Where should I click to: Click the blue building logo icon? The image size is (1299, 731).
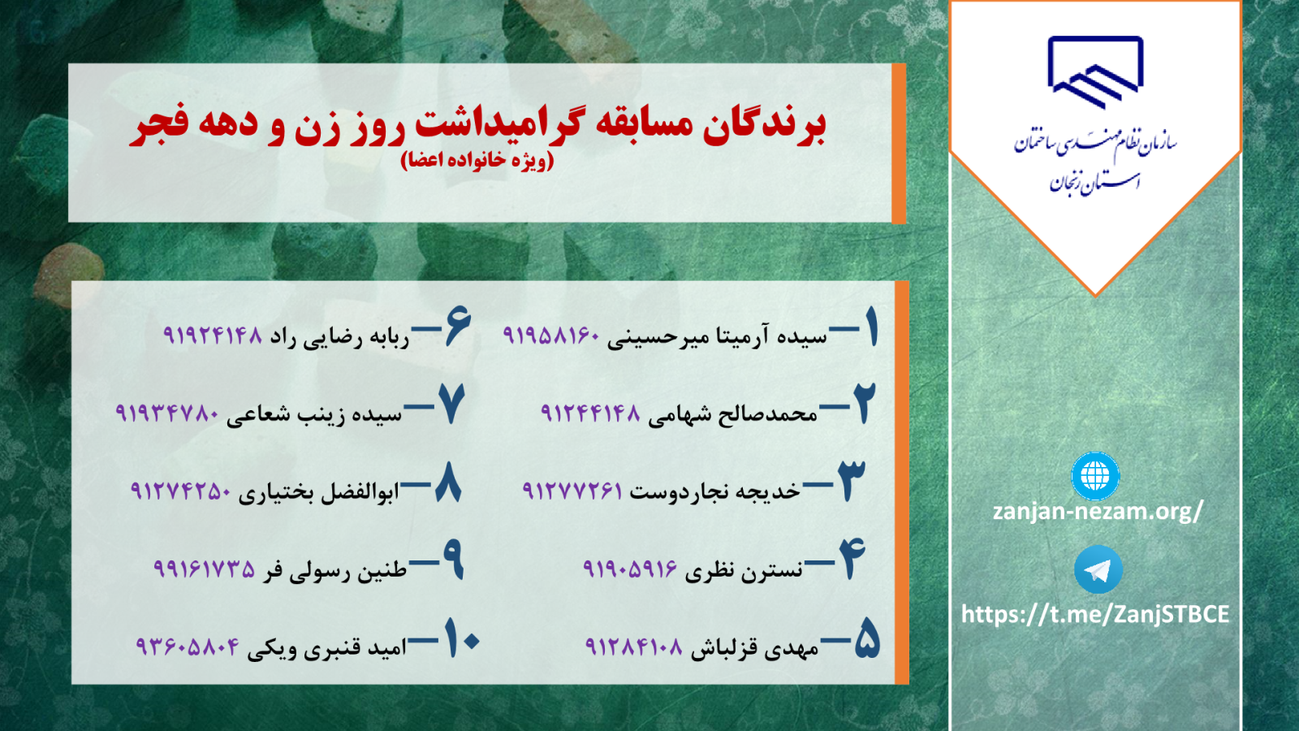tap(1095, 72)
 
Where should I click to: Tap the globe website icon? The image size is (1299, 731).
tap(1095, 476)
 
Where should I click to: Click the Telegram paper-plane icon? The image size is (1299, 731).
tap(1098, 569)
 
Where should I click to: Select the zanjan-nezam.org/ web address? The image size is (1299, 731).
tap(1097, 511)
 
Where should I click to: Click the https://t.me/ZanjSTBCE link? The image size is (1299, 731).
tap(1095, 614)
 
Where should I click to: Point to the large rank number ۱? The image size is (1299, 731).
tap(871, 328)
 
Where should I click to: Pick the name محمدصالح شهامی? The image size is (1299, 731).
tap(732, 414)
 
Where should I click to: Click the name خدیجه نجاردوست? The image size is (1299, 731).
tap(715, 491)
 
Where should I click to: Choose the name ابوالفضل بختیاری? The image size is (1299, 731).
tap(319, 492)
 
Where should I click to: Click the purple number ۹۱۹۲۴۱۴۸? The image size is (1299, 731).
tap(213, 335)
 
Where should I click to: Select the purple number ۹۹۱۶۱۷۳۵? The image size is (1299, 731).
tap(204, 569)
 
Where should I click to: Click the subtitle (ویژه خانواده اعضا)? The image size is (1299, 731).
tap(477, 159)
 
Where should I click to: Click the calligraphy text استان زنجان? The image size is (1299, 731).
tap(1094, 182)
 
